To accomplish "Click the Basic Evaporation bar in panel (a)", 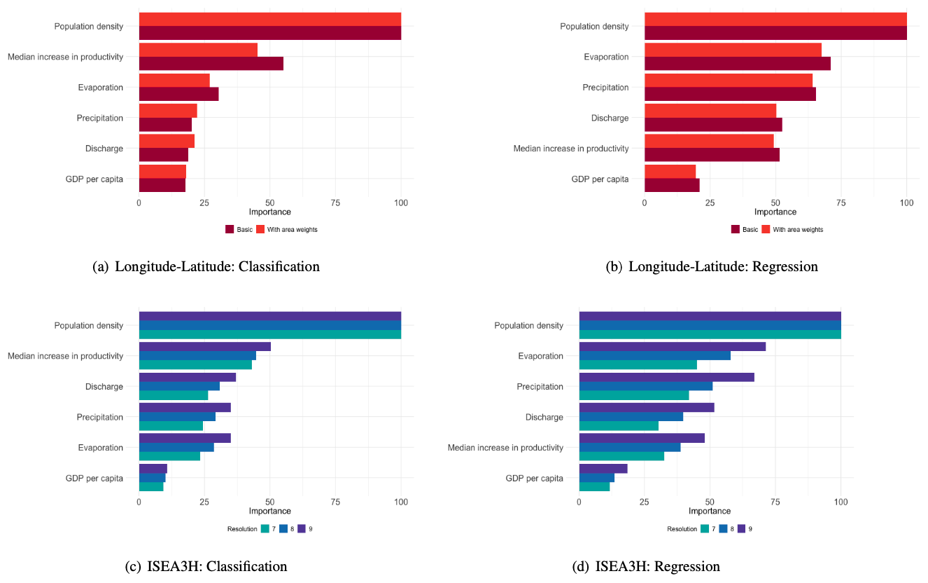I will [178, 94].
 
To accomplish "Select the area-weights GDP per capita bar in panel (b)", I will [670, 172].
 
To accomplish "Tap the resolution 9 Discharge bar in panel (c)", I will [187, 377].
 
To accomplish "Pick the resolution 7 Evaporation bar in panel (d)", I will [638, 364].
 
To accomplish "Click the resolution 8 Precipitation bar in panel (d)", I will [645, 386].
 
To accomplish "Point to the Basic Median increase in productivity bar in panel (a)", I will [211, 64].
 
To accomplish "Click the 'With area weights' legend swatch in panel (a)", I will [260, 229].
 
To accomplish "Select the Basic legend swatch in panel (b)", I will [735, 229].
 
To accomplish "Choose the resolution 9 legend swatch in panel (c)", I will [302, 528].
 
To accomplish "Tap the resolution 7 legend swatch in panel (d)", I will [705, 528].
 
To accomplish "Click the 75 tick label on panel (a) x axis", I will [335, 203].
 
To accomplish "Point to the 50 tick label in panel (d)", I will [710, 502].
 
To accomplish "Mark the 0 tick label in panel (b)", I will [645, 203].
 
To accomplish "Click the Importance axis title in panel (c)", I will [269, 511].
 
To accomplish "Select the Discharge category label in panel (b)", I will [610, 118].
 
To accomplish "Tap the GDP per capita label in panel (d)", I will [539, 478].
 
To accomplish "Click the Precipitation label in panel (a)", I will [100, 118].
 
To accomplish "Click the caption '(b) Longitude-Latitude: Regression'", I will [712, 266].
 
